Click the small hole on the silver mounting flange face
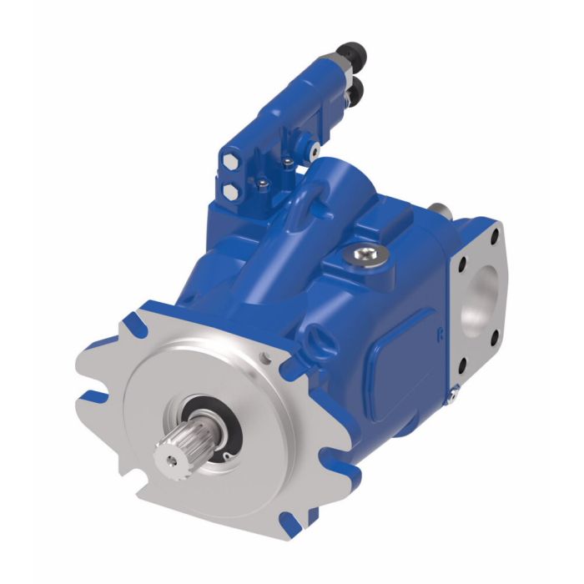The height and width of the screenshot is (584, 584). point(266,359)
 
